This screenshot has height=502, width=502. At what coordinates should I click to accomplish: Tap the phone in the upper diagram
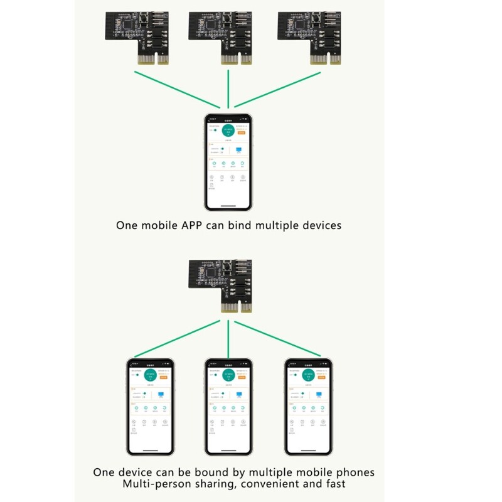click(228, 162)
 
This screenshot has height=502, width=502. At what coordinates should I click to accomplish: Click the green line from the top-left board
click(176, 88)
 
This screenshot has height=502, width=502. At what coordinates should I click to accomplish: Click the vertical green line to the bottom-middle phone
click(228, 339)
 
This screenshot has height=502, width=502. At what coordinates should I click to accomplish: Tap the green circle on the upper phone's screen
click(228, 131)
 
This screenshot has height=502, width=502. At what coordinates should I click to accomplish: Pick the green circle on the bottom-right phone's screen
click(308, 376)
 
